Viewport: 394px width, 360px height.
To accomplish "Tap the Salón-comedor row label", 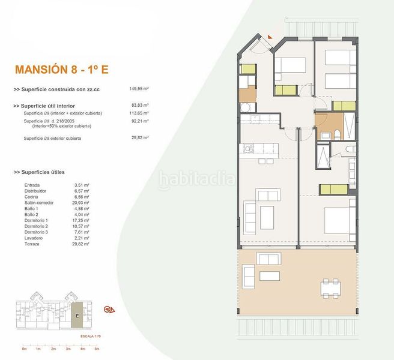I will coord(39,202).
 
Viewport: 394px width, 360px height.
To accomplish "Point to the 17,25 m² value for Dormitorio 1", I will coord(81,220).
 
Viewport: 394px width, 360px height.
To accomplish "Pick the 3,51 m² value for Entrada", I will coord(81,185).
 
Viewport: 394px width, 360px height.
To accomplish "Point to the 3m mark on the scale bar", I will coord(68,348).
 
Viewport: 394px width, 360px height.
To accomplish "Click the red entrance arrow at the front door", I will coord(271,37).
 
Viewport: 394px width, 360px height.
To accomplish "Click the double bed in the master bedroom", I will coord(340,220).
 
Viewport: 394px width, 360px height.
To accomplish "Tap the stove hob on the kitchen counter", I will coord(247,148).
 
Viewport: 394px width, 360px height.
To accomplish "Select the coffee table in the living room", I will coord(265,213).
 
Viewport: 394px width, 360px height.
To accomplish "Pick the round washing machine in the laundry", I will coord(246,108).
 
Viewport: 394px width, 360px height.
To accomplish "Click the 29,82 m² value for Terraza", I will coord(81,244).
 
